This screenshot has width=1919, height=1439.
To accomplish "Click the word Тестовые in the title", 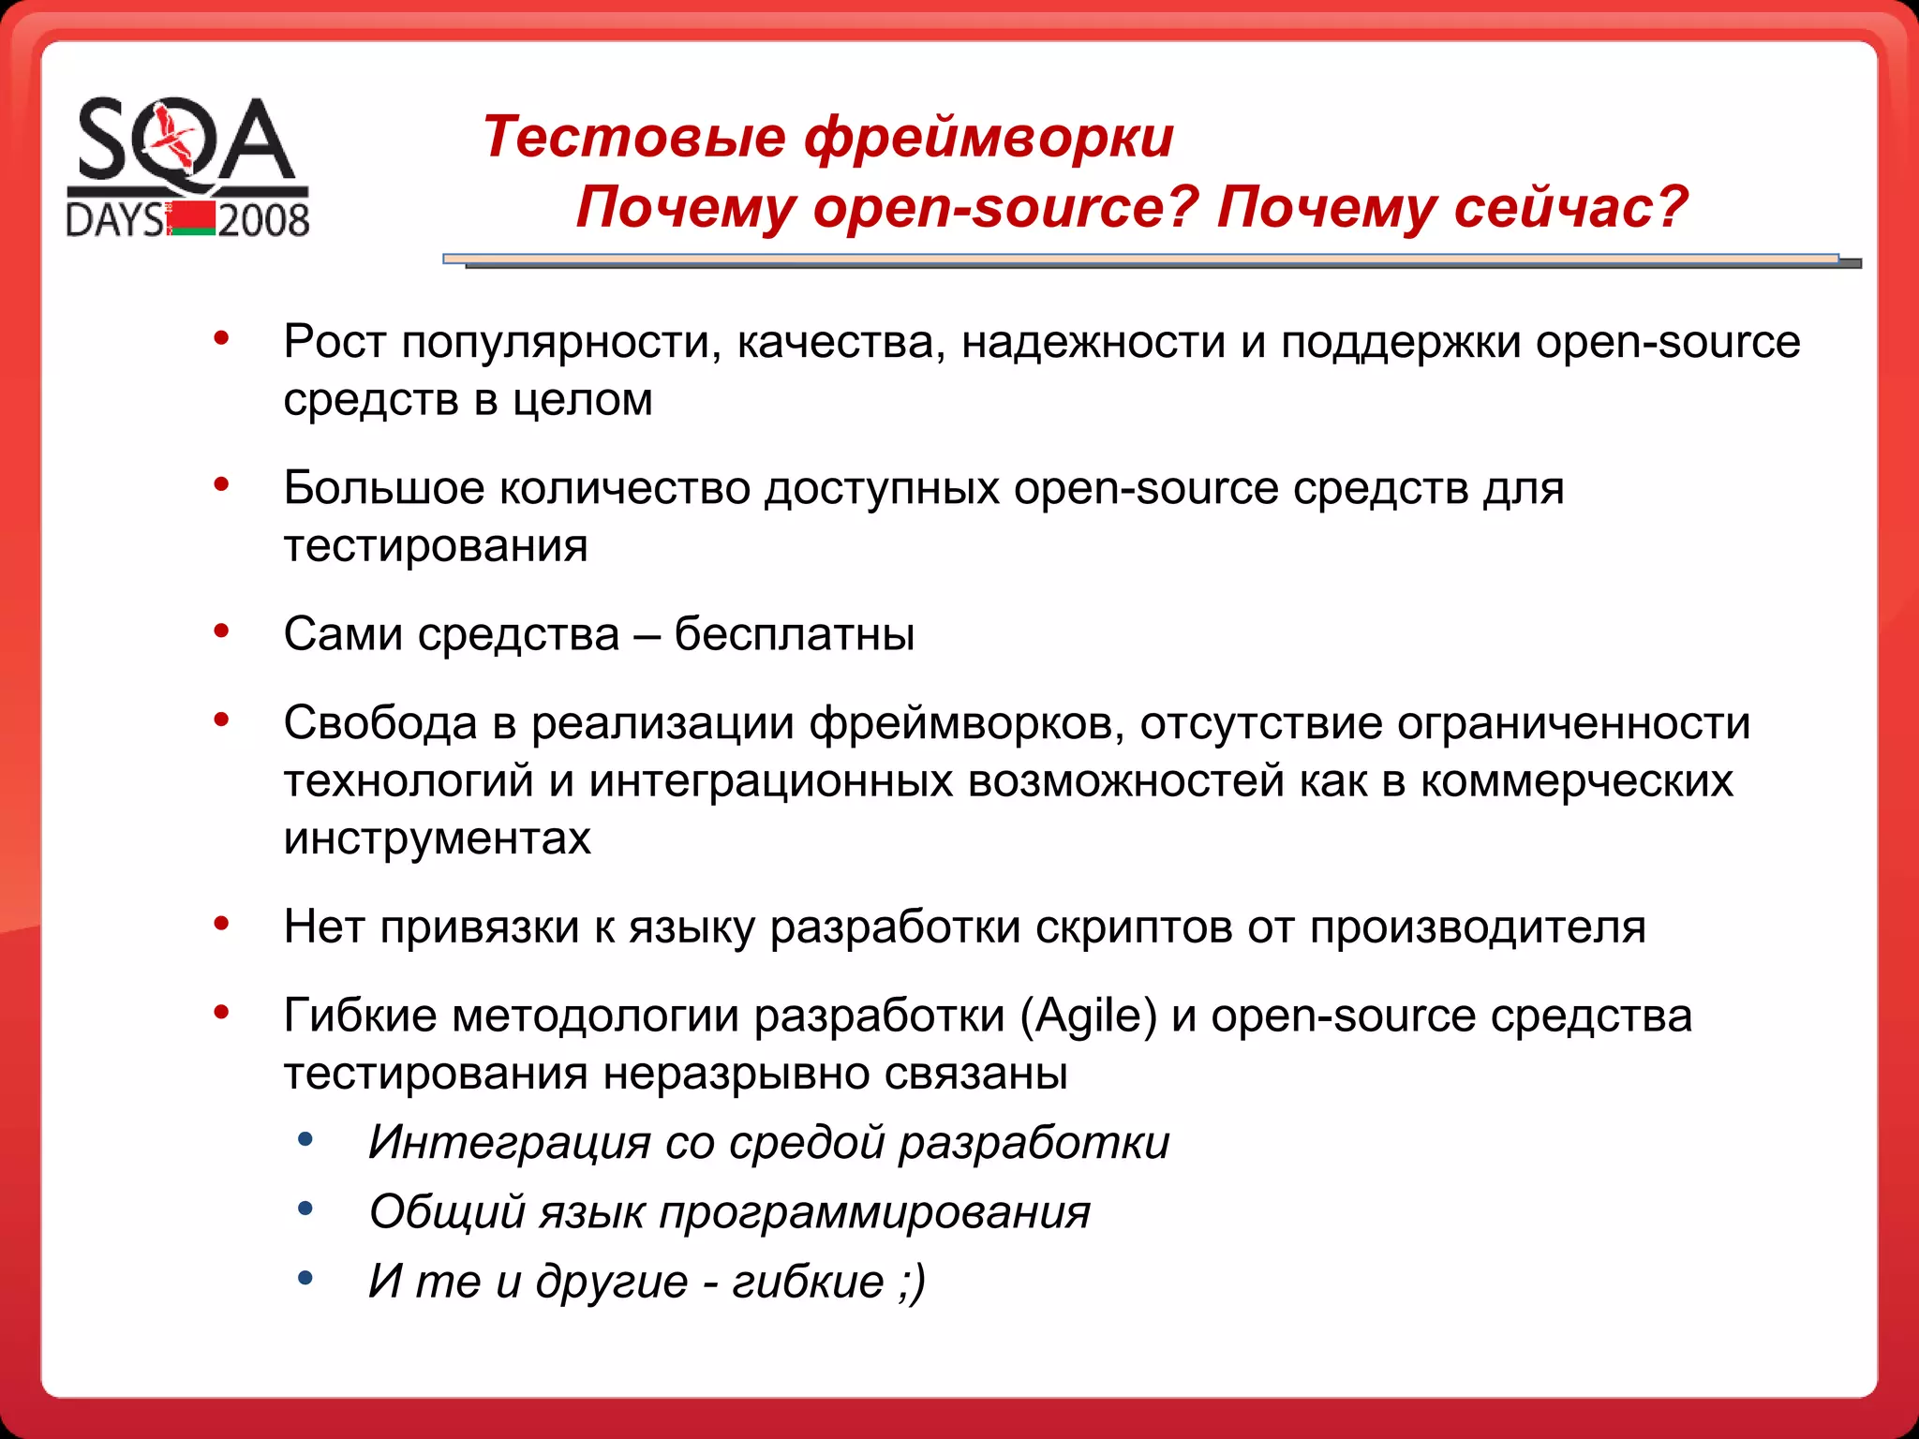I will click(634, 137).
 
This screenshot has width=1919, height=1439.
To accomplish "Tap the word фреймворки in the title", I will click(989, 137).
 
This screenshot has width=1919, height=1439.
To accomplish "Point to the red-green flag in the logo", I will click(192, 217).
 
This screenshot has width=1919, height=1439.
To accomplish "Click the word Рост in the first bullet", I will click(335, 342).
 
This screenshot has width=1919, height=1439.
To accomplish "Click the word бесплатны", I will click(794, 634).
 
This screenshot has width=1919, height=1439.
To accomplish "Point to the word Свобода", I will click(380, 723).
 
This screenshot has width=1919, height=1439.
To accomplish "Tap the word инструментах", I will click(437, 838).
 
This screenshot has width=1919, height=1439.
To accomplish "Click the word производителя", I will click(1478, 927).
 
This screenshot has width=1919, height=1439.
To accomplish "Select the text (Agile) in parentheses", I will click(1089, 1016).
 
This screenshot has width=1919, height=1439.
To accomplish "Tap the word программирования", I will click(874, 1212).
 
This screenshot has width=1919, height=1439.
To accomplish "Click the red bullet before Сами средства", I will click(222, 631).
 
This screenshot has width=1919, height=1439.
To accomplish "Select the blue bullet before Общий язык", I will click(305, 1209).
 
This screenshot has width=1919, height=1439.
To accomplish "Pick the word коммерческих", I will click(1576, 781).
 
